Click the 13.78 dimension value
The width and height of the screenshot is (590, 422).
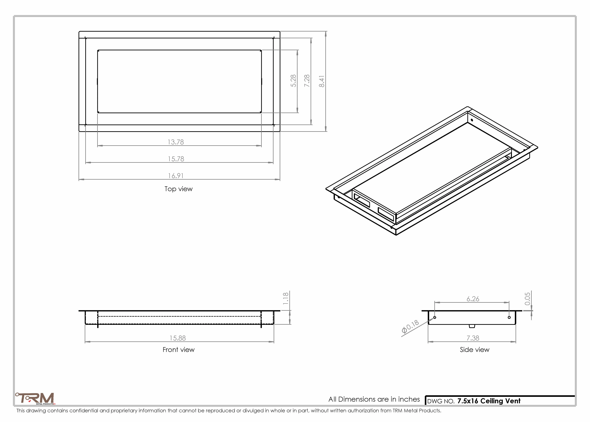coord(176,142)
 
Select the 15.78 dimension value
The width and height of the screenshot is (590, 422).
coord(176,159)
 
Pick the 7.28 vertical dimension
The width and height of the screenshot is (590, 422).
coord(307,81)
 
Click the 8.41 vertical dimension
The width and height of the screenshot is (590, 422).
coord(322,81)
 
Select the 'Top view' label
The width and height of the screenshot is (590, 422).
coord(179,189)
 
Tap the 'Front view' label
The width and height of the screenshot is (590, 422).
coord(179,350)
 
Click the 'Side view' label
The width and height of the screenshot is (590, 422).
coord(475,350)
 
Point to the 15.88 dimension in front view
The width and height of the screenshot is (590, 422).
coord(178,338)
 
